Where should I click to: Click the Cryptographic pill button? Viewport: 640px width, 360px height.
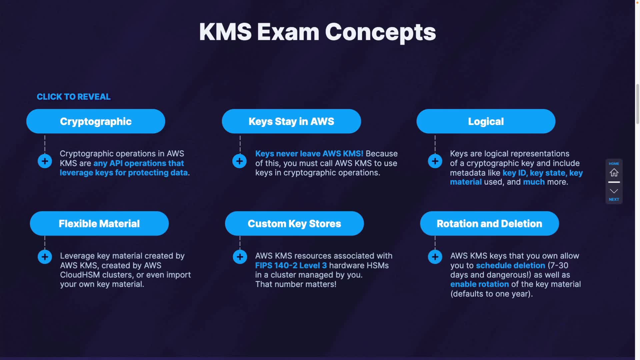(96, 121)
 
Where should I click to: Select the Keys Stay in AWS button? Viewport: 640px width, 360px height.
(291, 121)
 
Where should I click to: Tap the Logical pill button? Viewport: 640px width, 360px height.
(486, 121)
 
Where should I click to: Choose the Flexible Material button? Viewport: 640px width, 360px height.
(99, 223)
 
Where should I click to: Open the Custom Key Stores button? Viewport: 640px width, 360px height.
(294, 223)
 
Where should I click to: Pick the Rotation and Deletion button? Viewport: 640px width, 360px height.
(489, 223)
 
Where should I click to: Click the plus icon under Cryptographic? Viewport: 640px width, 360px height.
(45, 161)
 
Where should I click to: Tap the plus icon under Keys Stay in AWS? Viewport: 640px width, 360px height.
(239, 161)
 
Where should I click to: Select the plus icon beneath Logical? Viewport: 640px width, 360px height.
(435, 161)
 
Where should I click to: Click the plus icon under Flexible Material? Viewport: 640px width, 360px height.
(45, 257)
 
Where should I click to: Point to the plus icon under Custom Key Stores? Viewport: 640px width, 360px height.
(240, 257)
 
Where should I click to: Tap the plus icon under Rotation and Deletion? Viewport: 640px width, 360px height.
(435, 257)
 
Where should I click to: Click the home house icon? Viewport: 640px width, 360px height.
(614, 172)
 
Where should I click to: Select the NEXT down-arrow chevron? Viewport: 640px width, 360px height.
(614, 191)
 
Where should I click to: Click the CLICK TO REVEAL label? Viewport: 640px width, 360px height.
(74, 97)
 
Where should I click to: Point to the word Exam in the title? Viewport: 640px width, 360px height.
(288, 32)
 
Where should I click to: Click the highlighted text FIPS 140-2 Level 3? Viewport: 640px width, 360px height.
(291, 265)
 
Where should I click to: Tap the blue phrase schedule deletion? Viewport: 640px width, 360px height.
(510, 265)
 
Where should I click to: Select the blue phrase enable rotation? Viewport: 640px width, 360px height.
(479, 284)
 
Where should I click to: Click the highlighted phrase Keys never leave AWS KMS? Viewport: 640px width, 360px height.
(309, 154)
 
